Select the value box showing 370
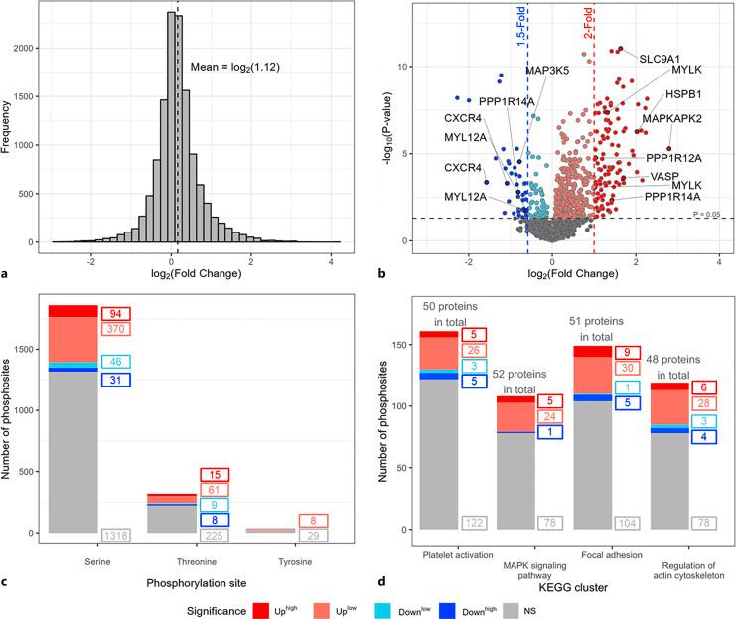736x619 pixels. coord(115,329)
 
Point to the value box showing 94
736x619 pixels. coord(115,313)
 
